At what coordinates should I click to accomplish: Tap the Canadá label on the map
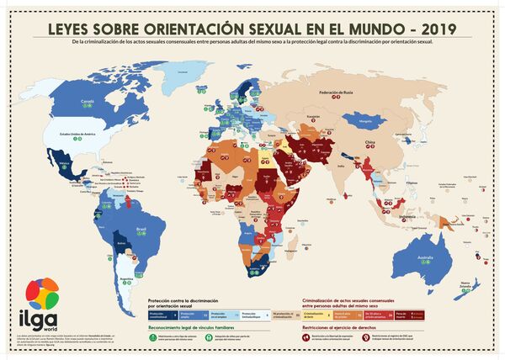86,99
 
